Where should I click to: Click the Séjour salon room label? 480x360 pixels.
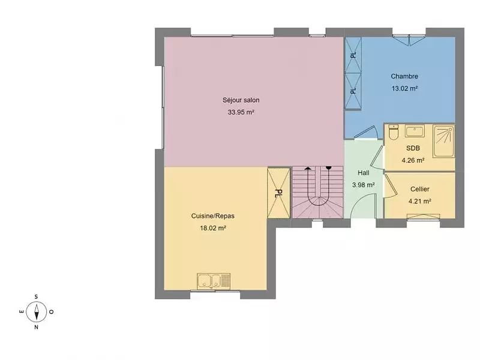coord(241,100)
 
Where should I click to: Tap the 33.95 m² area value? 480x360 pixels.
coord(241,112)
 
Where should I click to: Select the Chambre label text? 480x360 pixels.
coord(404,76)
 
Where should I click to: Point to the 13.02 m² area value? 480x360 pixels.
coord(404,88)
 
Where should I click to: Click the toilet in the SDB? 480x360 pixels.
coord(394,132)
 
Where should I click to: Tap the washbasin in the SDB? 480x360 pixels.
coord(415,131)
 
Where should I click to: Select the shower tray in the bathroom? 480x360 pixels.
coord(443,141)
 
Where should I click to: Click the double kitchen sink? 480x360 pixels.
coord(214,281)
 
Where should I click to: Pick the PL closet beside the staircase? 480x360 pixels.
coord(278,193)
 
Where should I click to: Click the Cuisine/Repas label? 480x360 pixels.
coord(213,216)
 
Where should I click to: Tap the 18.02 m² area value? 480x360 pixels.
coord(213,228)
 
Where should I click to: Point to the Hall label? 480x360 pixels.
coord(364,173)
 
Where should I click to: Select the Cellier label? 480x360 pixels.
coord(420,189)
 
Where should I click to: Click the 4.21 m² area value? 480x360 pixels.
coord(420,201)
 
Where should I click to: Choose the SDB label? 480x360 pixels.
coord(413,148)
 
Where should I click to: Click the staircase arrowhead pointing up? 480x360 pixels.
coord(308,168)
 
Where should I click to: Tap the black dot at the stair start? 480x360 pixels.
coord(328,168)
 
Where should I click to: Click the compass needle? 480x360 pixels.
coord(37,312)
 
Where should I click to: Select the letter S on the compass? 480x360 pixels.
coord(36,296)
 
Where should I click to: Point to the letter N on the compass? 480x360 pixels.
coord(37,327)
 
